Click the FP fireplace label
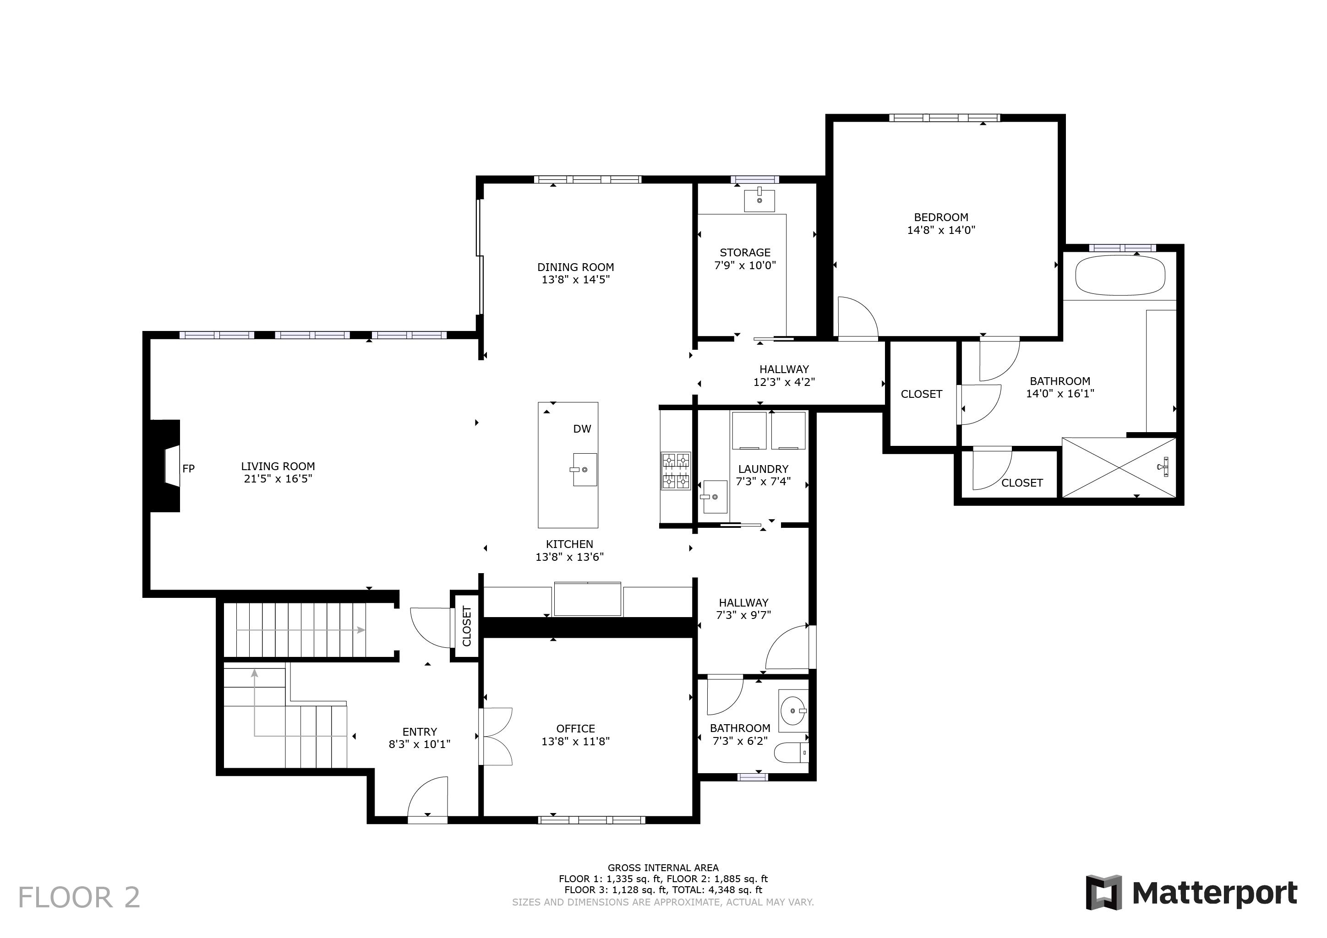[x=188, y=468]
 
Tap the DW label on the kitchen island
[x=582, y=428]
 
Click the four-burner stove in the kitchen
[x=676, y=470]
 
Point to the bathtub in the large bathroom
[x=1120, y=276]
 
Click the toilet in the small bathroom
[x=791, y=753]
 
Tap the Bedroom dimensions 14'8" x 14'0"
[x=941, y=230]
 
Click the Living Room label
[x=278, y=466]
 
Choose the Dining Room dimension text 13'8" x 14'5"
[x=576, y=280]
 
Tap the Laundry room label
[x=763, y=469]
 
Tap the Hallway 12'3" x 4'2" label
[x=784, y=375]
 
